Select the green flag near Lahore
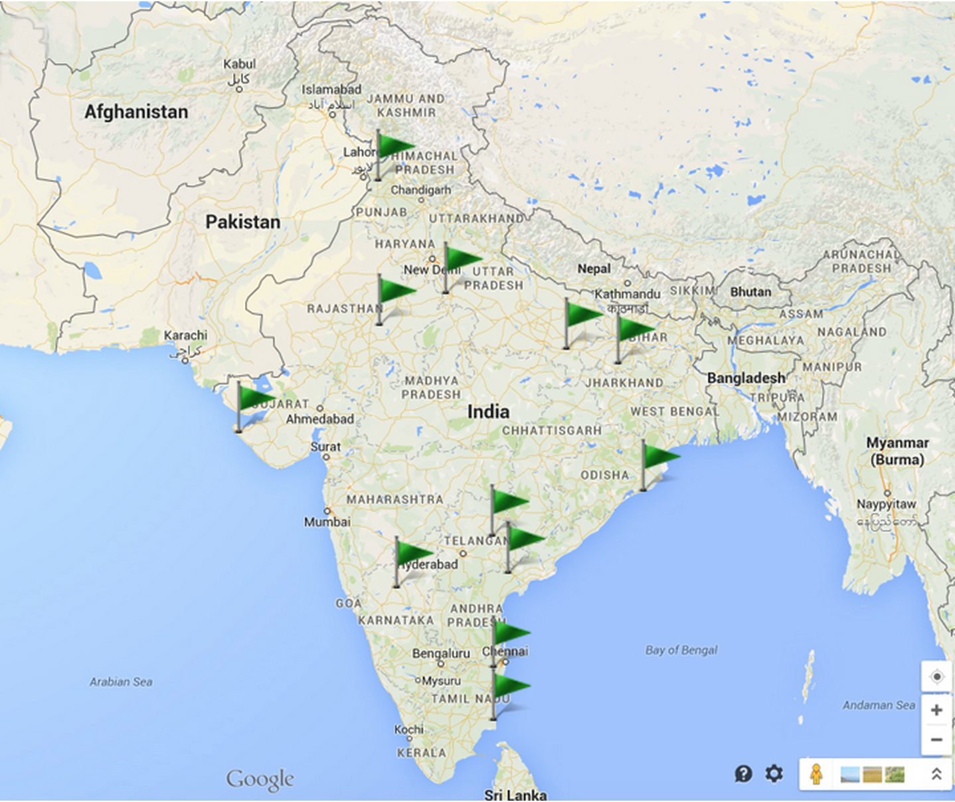(392, 147)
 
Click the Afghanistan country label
(136, 112)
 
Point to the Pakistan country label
(242, 222)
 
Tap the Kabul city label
(239, 64)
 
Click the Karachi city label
(185, 335)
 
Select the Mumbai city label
(327, 522)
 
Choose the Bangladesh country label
(746, 378)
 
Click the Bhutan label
(750, 292)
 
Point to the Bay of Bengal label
(681, 650)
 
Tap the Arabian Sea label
(121, 682)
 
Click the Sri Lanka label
(515, 794)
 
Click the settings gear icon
(774, 773)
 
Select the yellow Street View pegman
(816, 774)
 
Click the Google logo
(260, 779)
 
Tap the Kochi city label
(408, 729)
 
